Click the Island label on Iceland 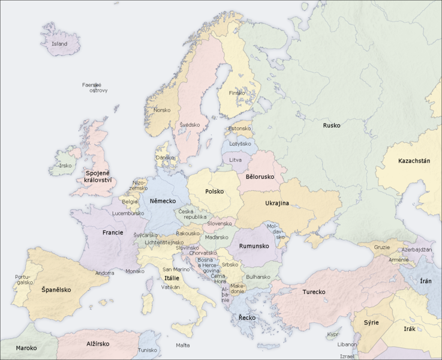tap(59, 44)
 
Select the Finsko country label tap(237, 93)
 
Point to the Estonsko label tap(239, 128)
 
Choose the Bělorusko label tap(260, 177)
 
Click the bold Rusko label tap(331, 125)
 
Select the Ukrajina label tap(277, 203)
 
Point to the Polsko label tap(214, 192)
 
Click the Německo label tap(163, 200)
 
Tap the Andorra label tap(105, 273)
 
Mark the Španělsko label tap(56, 290)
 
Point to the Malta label tap(182, 345)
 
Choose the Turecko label tap(314, 292)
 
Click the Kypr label tap(333, 334)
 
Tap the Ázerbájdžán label tap(418, 249)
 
